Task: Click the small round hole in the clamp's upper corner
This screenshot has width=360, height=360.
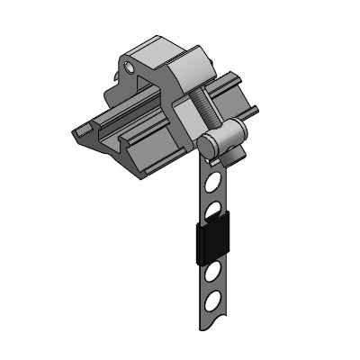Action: click(132, 67)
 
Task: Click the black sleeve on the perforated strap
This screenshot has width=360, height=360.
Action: click(214, 241)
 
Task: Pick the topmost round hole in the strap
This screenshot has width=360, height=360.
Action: click(215, 183)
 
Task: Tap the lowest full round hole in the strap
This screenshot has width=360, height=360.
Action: click(215, 299)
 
